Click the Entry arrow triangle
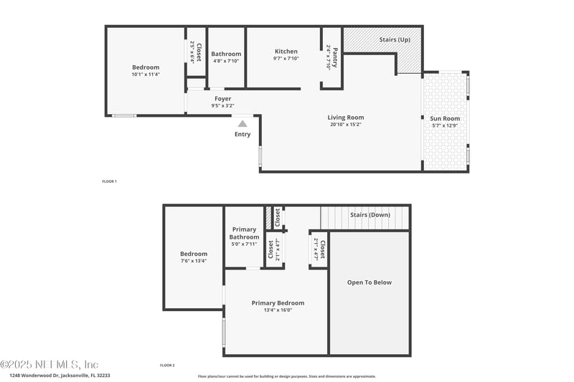243,123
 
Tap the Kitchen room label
286,52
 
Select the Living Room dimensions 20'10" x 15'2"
346,125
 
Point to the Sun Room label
445,118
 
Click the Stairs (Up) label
395,39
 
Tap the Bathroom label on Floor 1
226,54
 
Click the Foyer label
222,99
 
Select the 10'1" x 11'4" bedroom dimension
145,75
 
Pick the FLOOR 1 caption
109,181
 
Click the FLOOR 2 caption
167,366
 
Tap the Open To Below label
370,282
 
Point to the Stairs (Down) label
370,215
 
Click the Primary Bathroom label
244,233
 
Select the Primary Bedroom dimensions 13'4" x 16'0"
278,310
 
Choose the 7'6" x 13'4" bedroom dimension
194,261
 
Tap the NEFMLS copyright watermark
50,364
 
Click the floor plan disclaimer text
286,376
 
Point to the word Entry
243,134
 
